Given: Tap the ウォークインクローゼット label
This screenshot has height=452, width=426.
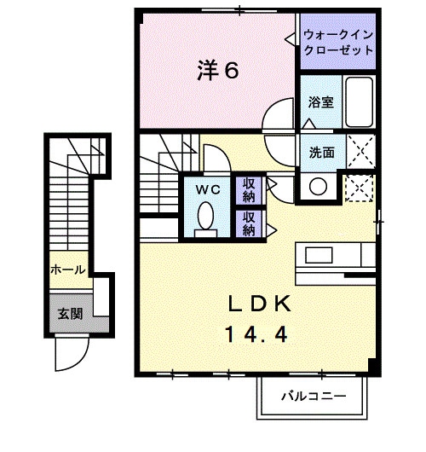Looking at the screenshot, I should click(338, 43).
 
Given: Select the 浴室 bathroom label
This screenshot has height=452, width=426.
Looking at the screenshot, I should click(320, 101).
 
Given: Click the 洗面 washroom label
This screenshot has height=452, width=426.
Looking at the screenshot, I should click(321, 154).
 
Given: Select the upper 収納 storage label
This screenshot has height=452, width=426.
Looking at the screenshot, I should click(249, 189).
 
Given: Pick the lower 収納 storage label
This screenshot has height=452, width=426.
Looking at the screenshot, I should click(249, 223).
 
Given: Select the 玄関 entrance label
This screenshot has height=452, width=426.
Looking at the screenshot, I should click(70, 313).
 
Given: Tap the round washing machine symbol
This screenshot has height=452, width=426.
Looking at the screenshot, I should click(319, 187).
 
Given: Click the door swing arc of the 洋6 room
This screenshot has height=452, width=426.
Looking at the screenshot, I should click(278, 116).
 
